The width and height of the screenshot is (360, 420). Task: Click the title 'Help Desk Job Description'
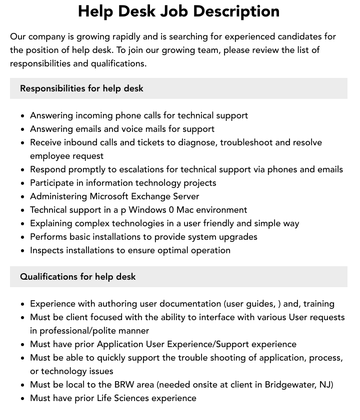(x=178, y=11)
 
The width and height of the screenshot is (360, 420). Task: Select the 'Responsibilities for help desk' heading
(x=81, y=88)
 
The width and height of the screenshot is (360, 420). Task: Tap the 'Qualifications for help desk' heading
(x=77, y=277)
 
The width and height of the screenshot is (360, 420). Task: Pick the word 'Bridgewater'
(x=289, y=385)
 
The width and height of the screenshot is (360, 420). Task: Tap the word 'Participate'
(x=54, y=183)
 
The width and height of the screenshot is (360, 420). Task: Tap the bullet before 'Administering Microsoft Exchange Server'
(x=22, y=197)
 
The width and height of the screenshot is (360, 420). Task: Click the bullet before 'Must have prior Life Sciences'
(x=22, y=399)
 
